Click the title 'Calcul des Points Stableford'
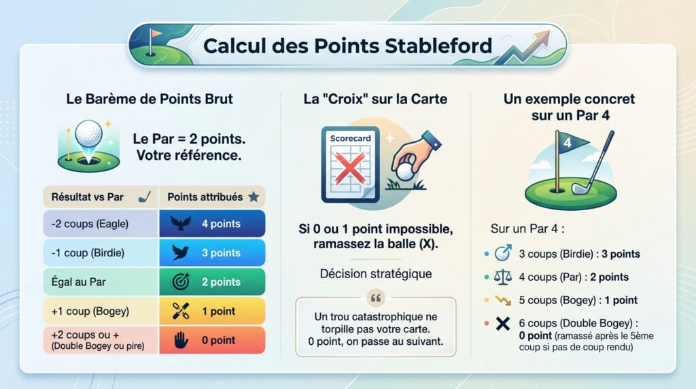347,46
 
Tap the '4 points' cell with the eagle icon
212,224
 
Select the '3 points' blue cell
212,253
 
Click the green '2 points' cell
212,282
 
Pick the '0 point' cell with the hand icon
212,340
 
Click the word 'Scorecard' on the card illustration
351,138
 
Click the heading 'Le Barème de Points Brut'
150,99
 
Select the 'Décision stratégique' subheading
375,274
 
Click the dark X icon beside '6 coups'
502,324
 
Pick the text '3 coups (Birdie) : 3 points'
579,254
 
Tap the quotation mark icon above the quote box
376,298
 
